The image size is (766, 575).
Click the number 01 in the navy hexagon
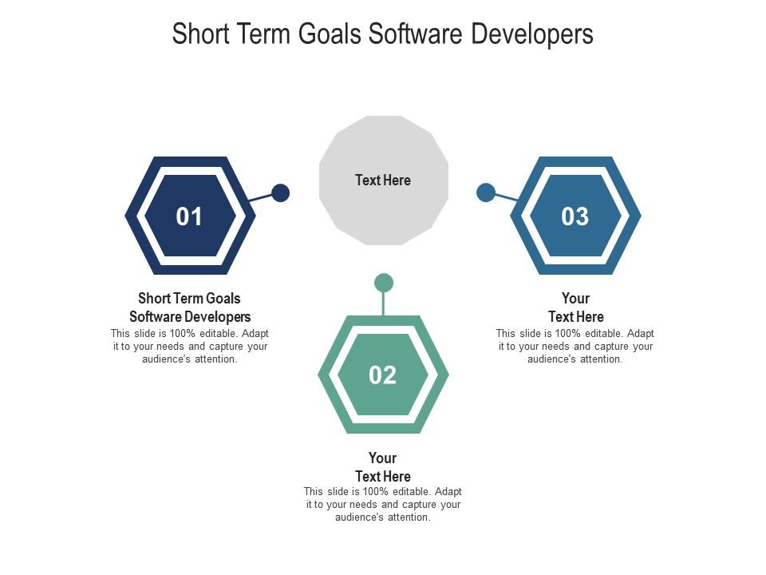[189, 216]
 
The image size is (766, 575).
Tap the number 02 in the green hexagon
[383, 375]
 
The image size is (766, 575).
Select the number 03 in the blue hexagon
[575, 216]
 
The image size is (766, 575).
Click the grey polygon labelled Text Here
[383, 180]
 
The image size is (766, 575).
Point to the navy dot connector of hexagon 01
[280, 192]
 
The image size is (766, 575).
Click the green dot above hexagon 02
[384, 283]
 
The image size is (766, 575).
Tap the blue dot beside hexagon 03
[485, 192]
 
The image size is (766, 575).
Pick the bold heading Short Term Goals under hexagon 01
[189, 299]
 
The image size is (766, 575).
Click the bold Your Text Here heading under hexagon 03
[575, 307]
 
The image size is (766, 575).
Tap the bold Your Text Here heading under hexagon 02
[383, 467]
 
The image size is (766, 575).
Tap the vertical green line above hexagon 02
[384, 303]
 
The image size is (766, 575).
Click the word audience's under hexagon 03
[552, 359]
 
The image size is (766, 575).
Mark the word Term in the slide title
[264, 34]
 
